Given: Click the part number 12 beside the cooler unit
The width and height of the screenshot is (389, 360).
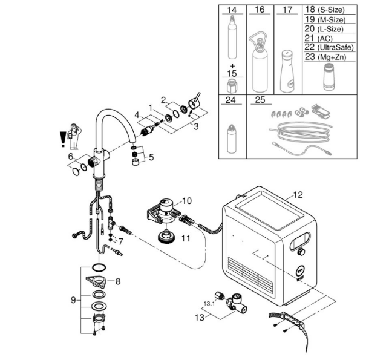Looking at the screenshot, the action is pos(298,195).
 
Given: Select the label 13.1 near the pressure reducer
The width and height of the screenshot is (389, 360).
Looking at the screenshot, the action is pos(209,303).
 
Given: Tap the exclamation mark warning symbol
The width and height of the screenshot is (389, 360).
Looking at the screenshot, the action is pos(62,139).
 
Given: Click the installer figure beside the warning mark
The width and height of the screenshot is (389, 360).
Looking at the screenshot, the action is pos(74,136).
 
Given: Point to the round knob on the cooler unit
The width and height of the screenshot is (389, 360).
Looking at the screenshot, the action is pos(301,252).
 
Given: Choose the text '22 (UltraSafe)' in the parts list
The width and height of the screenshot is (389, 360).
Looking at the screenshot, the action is pos(329,47).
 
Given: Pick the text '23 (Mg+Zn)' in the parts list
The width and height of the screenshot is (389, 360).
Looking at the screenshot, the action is pos(325,57).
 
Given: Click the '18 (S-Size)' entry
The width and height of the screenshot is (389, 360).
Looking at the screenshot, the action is pos(325,10).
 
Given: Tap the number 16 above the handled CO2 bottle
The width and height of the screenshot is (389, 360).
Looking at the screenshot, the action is pos(260,10).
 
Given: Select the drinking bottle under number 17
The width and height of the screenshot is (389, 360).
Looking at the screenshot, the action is pos(287,71).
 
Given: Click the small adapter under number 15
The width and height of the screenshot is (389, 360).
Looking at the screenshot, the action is pos(232,85).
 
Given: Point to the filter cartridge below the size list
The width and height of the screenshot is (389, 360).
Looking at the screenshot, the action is pos(329,77).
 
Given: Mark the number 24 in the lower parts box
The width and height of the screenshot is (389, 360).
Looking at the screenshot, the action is pos(230,100).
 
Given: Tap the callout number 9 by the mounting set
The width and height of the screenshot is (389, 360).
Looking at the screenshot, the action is pos(73,300).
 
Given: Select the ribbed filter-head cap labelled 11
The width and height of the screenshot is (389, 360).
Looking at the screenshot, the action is pos(166,237).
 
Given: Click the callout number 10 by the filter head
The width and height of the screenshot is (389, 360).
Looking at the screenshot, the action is pos(187,201).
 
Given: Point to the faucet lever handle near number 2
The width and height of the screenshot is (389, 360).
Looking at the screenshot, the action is pos(195,102).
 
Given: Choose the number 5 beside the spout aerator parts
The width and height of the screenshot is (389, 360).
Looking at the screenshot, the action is pos(151,157).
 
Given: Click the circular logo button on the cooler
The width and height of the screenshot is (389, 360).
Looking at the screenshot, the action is pos(301,272).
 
